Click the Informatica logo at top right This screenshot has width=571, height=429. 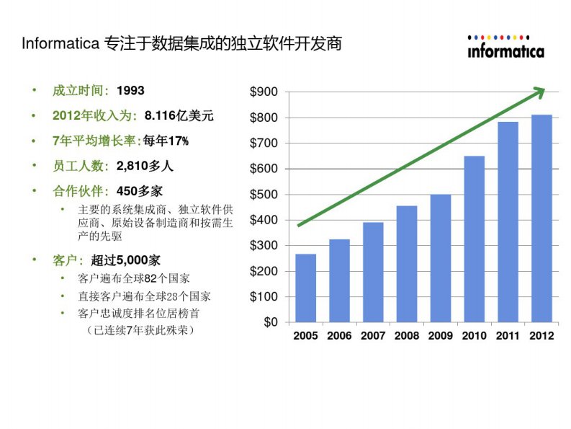coord(505,47)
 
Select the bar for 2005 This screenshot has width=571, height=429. coord(305,288)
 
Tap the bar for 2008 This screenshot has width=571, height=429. coord(407,264)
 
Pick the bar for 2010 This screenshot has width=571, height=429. coord(474,239)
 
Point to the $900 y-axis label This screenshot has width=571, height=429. coord(264,92)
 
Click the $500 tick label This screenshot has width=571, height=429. coord(264,195)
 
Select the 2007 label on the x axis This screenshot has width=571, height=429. coord(373,336)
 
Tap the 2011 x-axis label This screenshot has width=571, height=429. coord(508,336)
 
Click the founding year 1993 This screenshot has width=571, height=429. coord(130,91)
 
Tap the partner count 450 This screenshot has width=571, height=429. coord(127,191)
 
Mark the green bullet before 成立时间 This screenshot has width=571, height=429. coord(33,91)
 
